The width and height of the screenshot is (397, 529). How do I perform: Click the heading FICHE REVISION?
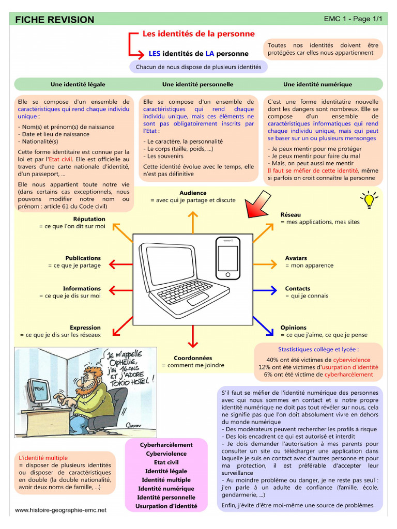[x=55, y=20]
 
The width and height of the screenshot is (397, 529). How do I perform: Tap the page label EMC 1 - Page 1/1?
[x=353, y=19]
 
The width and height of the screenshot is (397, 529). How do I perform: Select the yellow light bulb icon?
[x=369, y=199]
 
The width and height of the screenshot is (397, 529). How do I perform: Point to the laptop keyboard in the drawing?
[x=185, y=292]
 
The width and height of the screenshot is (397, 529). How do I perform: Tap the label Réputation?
[x=89, y=219]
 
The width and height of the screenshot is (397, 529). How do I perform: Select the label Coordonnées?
[x=193, y=357]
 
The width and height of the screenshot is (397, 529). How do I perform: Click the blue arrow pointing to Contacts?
[x=266, y=291]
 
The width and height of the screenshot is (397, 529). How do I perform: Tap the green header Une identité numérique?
[x=317, y=84]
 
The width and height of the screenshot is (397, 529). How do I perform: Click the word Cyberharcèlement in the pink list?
[x=166, y=445]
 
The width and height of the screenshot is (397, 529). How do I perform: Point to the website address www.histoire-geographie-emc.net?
[x=60, y=510]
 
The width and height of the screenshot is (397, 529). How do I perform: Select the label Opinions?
[x=293, y=328]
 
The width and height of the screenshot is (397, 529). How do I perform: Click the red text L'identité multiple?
[x=43, y=458]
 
